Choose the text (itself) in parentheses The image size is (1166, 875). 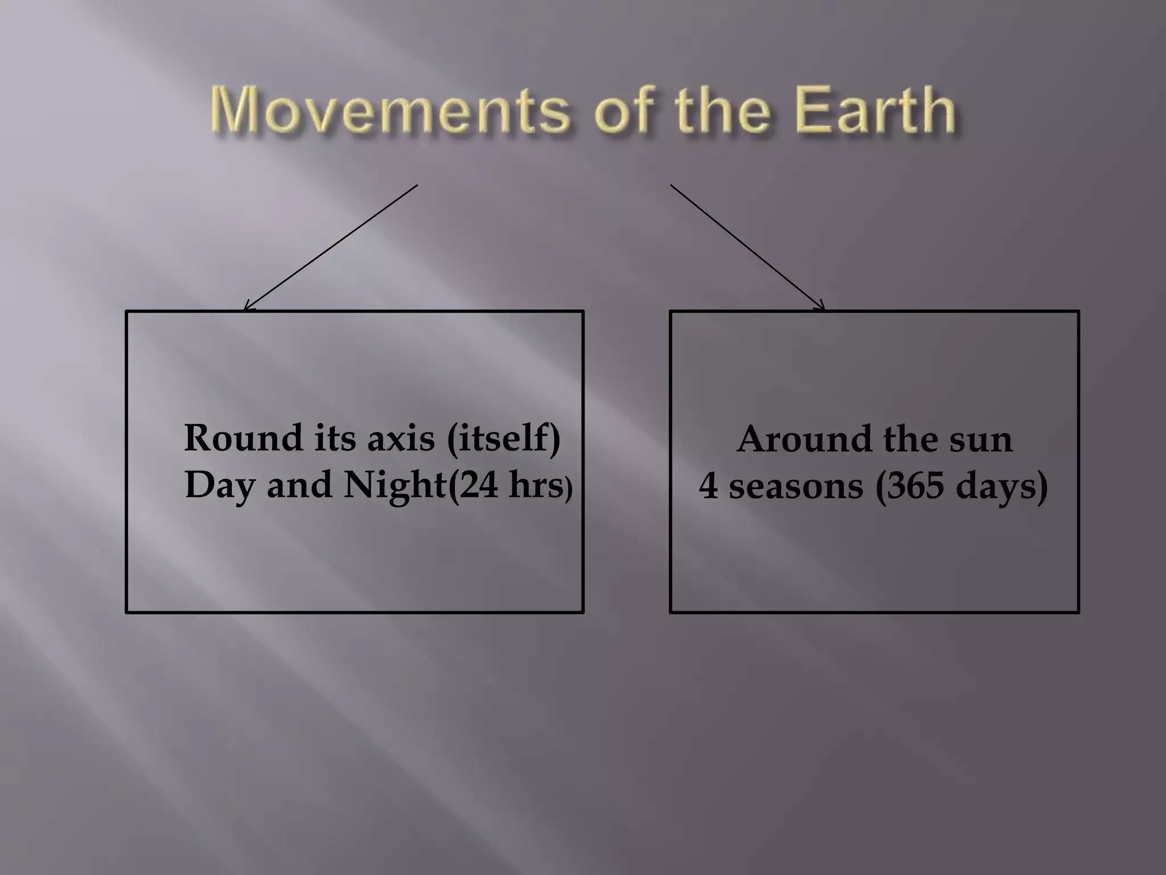[x=504, y=439]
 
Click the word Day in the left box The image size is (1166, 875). [x=220, y=485]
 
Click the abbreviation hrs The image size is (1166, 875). [x=536, y=485]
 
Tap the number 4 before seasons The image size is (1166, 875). [x=709, y=486]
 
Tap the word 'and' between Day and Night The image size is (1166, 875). [x=299, y=485]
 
